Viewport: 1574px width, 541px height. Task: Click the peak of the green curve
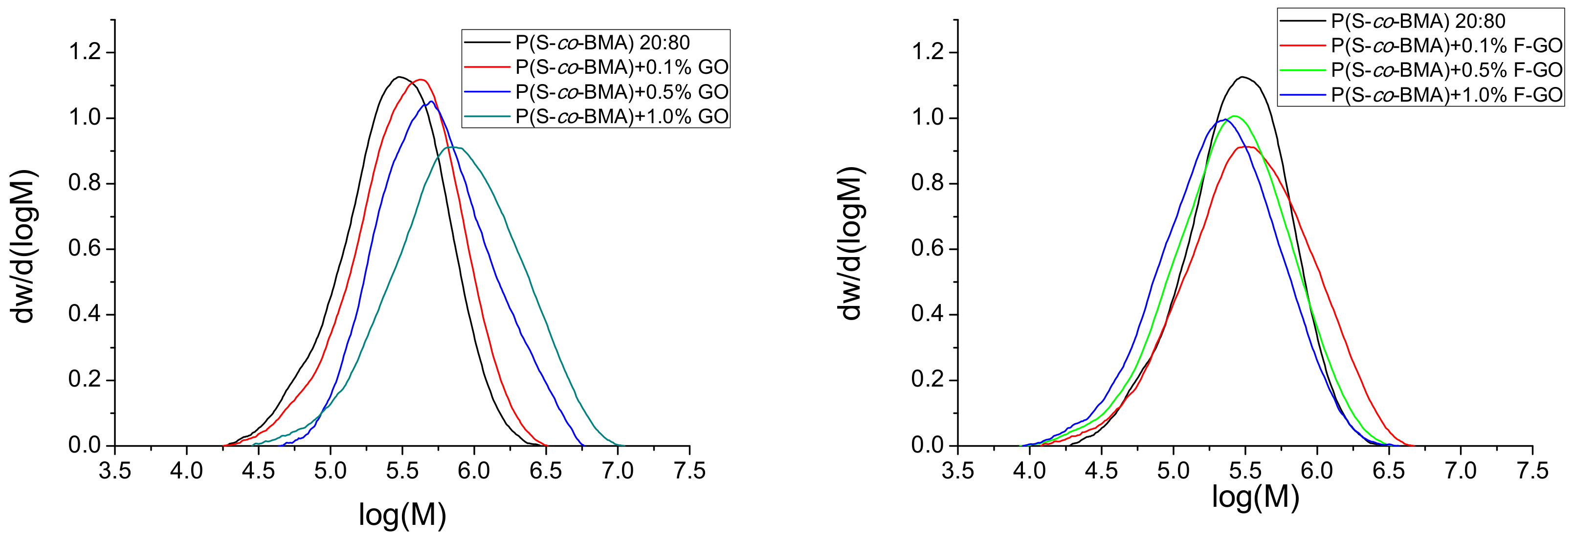(1235, 115)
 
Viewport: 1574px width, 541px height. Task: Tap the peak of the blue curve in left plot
(431, 101)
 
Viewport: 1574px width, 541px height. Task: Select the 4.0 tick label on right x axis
(1030, 471)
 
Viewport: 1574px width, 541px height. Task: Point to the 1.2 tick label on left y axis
(84, 52)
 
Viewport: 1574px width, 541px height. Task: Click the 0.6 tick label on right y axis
(928, 249)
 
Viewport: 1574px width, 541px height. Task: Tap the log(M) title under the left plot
(402, 515)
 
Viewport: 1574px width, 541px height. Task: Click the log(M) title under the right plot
(1256, 497)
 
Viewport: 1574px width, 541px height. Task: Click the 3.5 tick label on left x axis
(115, 471)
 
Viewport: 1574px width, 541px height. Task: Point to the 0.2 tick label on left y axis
(84, 380)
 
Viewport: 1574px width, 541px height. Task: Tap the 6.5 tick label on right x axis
(1389, 471)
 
